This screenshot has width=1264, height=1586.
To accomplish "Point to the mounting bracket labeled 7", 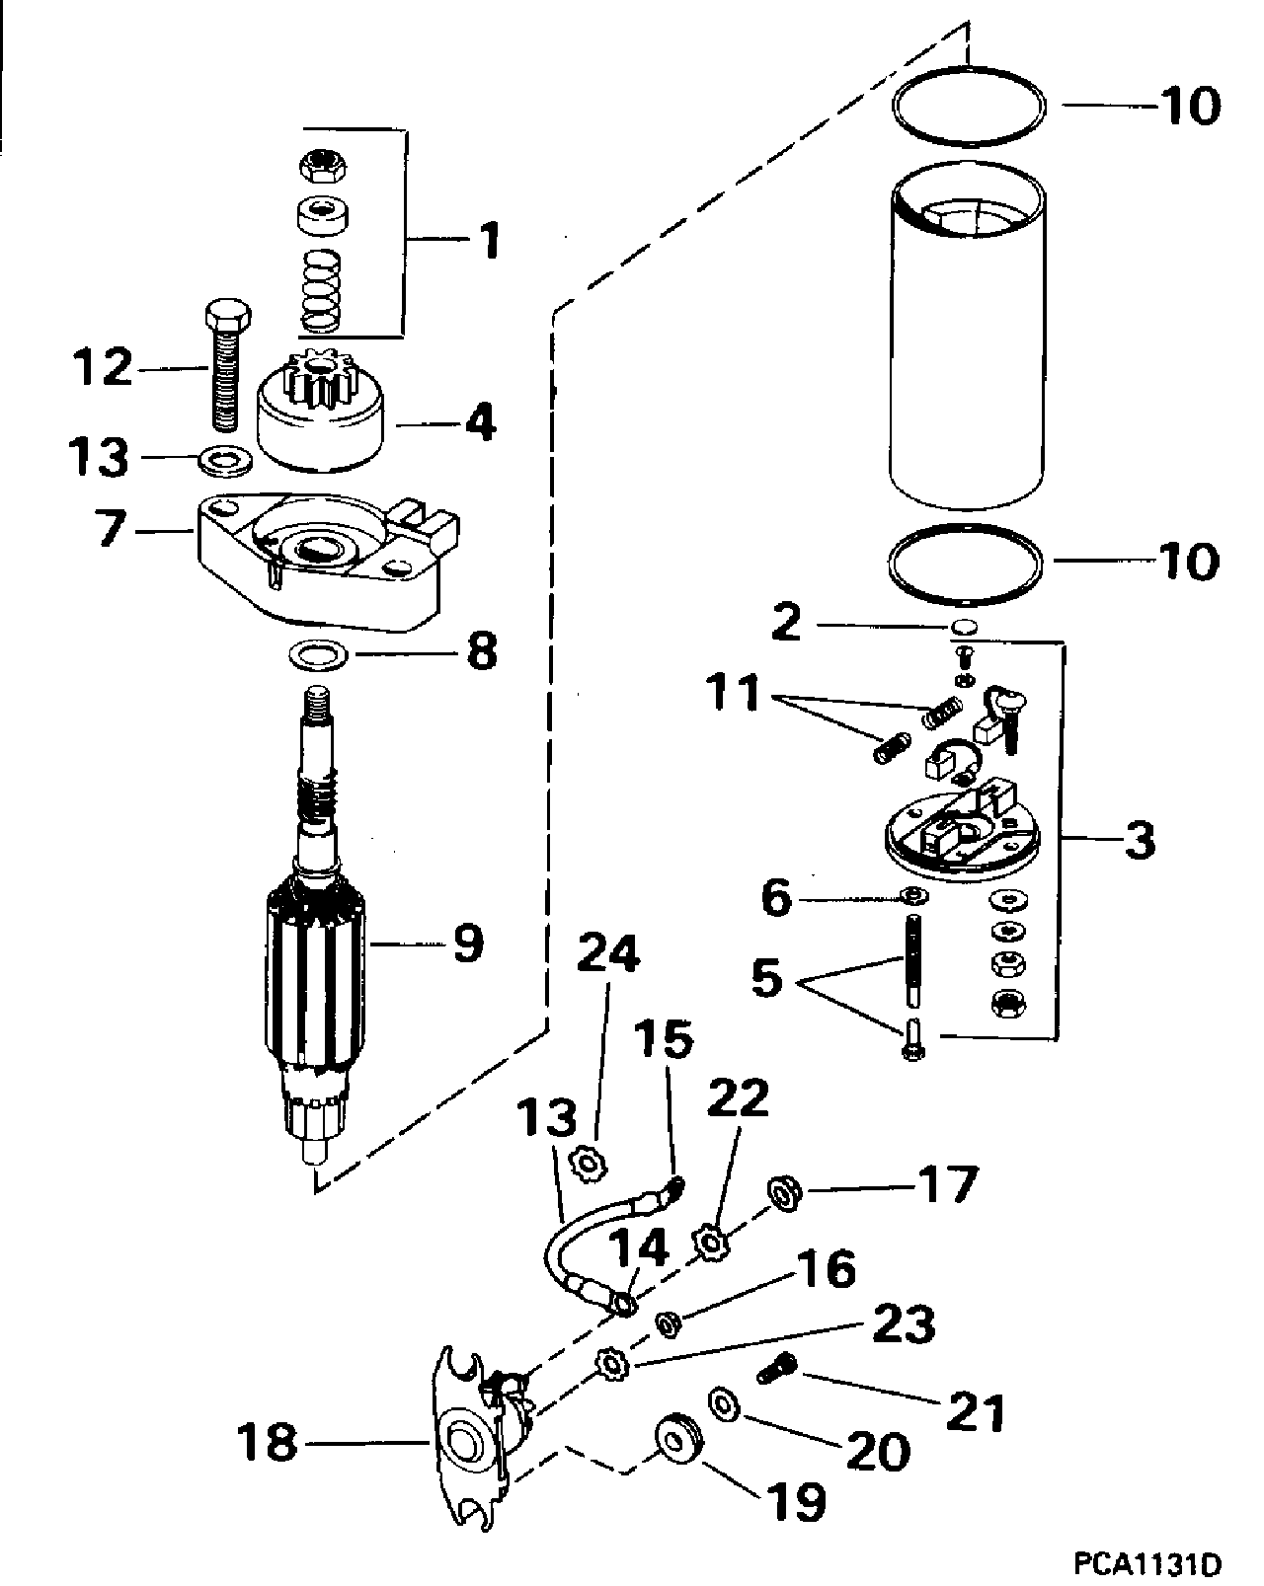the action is [328, 562].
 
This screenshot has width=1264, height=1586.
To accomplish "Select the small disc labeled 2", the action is [963, 627].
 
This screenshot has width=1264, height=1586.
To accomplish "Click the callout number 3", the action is [1140, 840].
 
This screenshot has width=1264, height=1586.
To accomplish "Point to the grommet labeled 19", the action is [677, 1438].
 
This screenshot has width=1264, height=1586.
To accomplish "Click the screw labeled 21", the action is [776, 1368].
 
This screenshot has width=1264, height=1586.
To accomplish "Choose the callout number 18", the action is [267, 1442].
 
